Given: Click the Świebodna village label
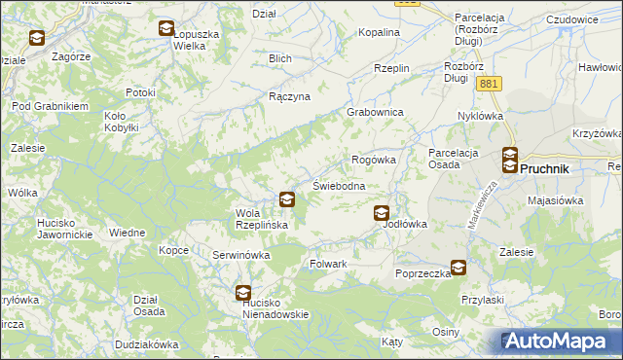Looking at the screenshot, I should [x=339, y=186].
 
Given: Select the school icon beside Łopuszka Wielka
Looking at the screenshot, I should [x=166, y=28].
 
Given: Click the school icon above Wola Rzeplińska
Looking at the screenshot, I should [x=287, y=199].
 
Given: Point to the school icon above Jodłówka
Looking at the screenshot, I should [x=382, y=213].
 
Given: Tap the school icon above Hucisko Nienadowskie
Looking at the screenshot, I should [x=242, y=291].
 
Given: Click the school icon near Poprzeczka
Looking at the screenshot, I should [x=458, y=268].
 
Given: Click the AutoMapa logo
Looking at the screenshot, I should [x=560, y=342].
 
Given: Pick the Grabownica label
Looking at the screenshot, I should [x=376, y=112].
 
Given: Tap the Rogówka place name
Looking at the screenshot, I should [x=373, y=160].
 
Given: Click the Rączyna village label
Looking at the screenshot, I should [x=289, y=97].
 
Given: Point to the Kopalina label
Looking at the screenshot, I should [x=379, y=32].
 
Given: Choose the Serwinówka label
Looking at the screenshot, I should [x=240, y=255].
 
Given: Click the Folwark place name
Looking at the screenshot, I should [x=328, y=264].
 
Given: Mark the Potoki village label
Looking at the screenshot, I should [x=140, y=92].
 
